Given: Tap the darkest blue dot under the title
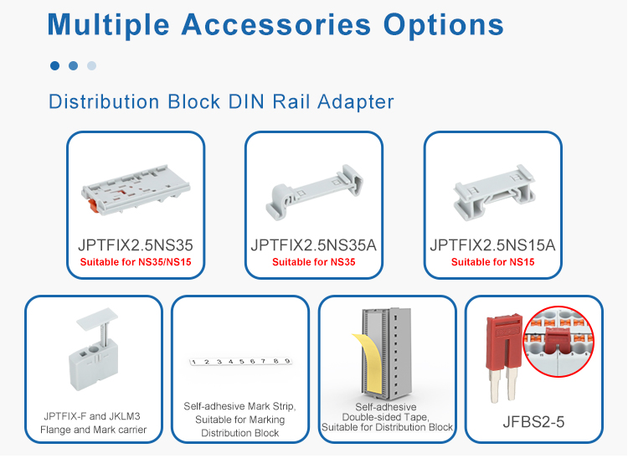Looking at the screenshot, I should [x=54, y=65].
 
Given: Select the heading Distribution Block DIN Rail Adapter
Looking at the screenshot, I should [x=221, y=102].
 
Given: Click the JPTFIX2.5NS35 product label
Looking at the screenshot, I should [x=135, y=245].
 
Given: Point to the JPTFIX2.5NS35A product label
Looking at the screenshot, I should [x=314, y=245].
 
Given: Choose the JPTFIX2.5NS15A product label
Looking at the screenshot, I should [x=492, y=245].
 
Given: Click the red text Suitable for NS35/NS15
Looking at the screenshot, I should [x=135, y=262].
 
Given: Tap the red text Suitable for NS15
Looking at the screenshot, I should [x=492, y=262].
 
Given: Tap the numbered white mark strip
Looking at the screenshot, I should [x=240, y=362].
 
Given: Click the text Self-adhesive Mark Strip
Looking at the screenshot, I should [x=240, y=406].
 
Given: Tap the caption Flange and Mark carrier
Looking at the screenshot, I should [x=93, y=430].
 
